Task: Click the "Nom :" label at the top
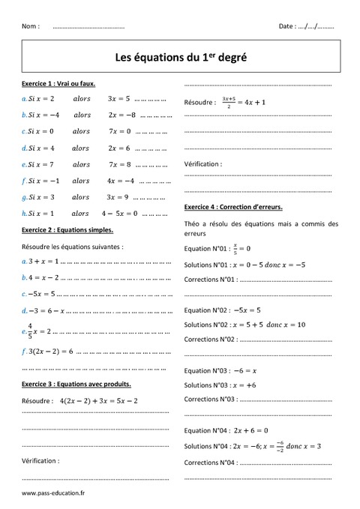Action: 31,26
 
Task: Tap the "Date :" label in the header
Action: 286,26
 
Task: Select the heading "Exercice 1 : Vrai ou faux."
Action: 59,84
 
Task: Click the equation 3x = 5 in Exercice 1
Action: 118,98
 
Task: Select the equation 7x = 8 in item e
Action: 119,164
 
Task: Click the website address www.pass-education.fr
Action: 53,493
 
